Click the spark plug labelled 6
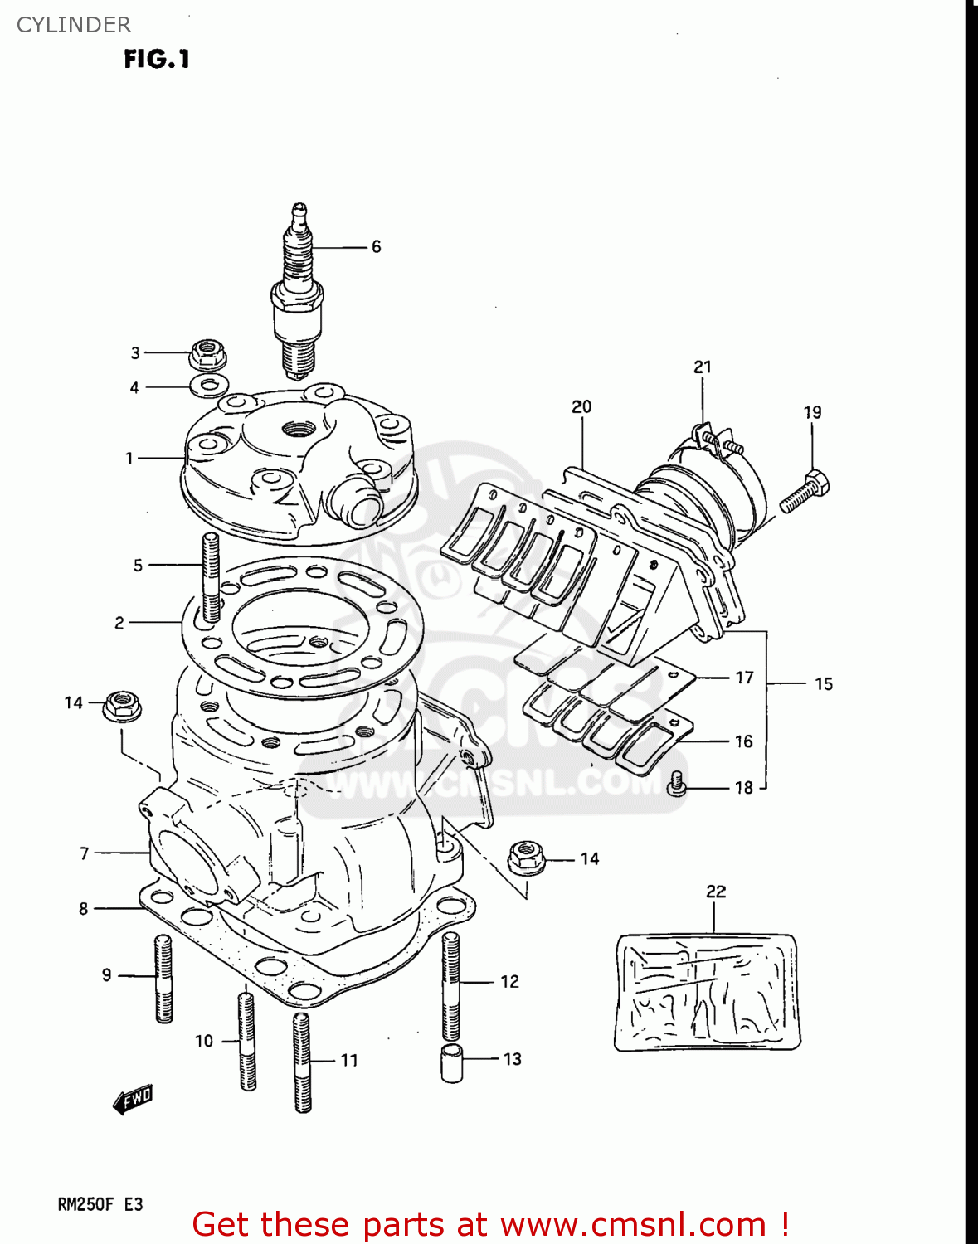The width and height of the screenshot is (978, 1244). tap(297, 290)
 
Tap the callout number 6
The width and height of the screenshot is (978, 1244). tap(376, 247)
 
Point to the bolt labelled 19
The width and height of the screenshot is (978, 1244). tap(805, 491)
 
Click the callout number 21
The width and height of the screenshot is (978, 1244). tap(703, 367)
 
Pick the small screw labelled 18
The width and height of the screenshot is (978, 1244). tap(677, 784)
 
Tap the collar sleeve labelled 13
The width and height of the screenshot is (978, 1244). tap(452, 1063)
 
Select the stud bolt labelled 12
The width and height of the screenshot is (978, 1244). tap(450, 985)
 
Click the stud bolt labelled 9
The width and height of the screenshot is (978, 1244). tap(163, 979)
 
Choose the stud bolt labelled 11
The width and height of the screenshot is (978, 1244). tap(302, 1062)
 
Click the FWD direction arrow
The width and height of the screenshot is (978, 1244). tap(133, 1100)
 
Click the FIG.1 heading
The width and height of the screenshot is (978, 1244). tap(157, 59)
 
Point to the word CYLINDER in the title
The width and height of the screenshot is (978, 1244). tap(74, 25)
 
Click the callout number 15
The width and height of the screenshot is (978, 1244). tap(823, 684)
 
